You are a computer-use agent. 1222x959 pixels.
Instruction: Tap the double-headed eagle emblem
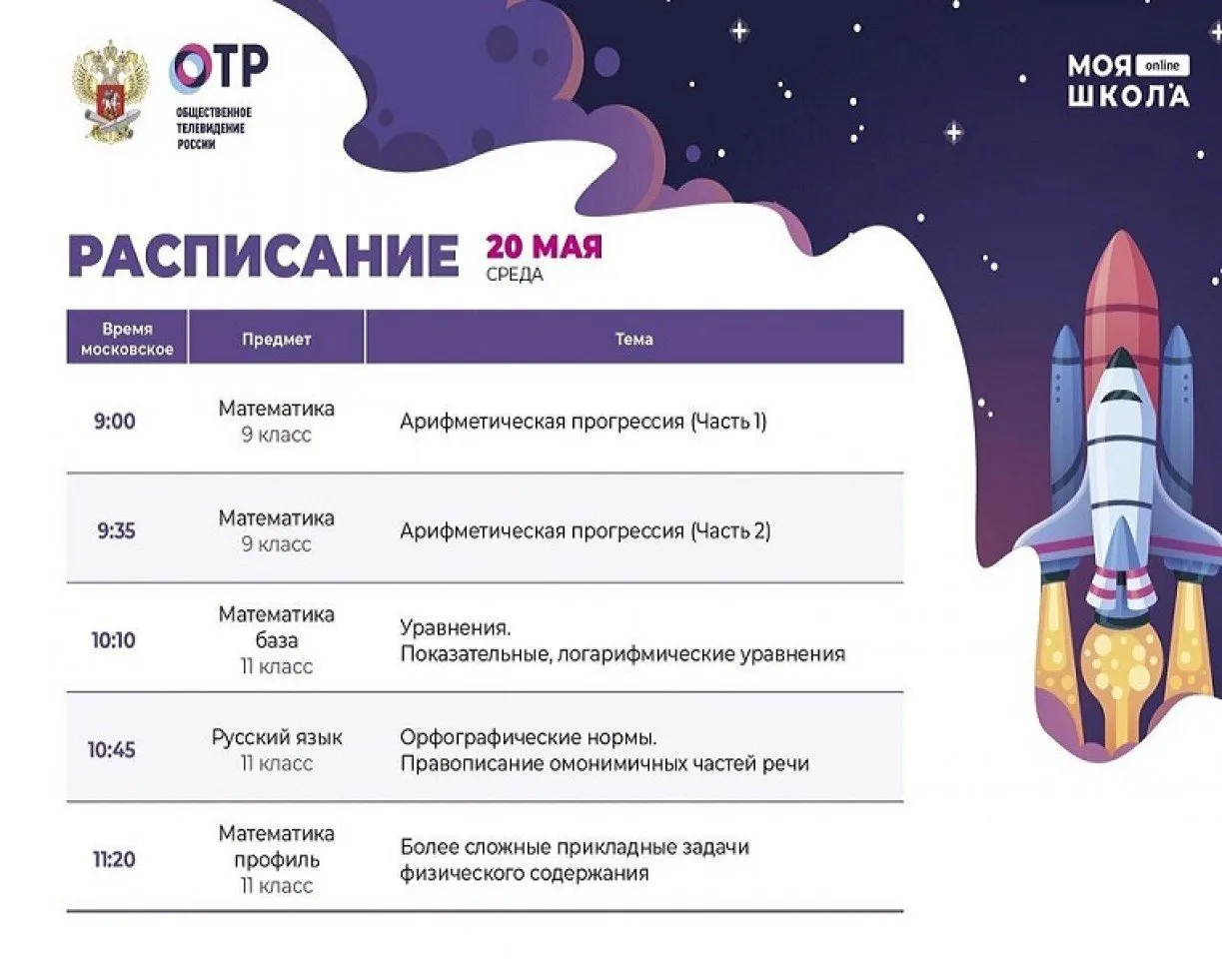pyautogui.click(x=111, y=91)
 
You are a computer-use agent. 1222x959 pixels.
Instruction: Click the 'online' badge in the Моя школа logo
pyautogui.click(x=1162, y=66)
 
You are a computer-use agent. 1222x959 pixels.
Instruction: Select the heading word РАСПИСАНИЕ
pyautogui.click(x=263, y=256)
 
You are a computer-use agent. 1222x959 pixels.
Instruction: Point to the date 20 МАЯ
pyautogui.click(x=545, y=248)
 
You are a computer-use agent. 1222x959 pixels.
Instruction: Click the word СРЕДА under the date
pyautogui.click(x=515, y=275)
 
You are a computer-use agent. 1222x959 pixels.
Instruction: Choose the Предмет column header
pyautogui.click(x=276, y=339)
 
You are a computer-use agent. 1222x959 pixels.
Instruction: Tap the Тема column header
pyautogui.click(x=633, y=339)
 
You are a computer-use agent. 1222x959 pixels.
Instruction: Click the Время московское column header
pyautogui.click(x=127, y=339)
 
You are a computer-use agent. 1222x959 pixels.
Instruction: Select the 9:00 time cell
pyautogui.click(x=115, y=421)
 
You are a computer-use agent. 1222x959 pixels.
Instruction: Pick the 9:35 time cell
pyautogui.click(x=116, y=530)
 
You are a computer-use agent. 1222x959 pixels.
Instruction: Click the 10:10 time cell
pyautogui.click(x=114, y=640)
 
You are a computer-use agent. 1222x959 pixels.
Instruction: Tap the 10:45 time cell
pyautogui.click(x=111, y=750)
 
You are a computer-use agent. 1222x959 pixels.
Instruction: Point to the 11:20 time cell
pyautogui.click(x=114, y=859)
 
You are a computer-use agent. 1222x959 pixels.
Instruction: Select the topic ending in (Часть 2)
pyautogui.click(x=585, y=530)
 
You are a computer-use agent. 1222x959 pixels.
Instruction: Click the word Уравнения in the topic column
pyautogui.click(x=455, y=628)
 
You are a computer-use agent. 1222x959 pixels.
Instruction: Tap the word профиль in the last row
pyautogui.click(x=277, y=859)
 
